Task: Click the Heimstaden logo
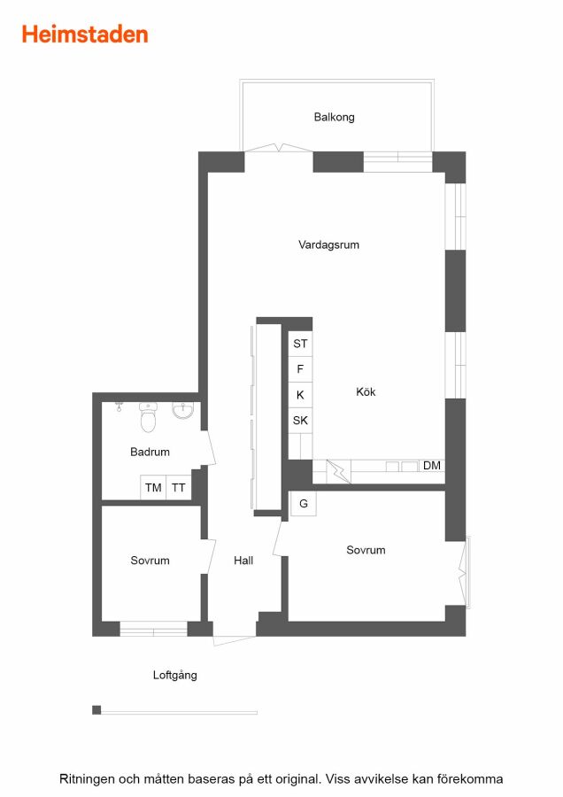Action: click(x=85, y=35)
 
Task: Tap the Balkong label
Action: click(x=334, y=118)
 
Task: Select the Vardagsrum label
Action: click(x=328, y=244)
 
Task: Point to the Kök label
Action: click(x=366, y=391)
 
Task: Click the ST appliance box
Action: click(x=300, y=344)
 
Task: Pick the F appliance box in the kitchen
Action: click(x=300, y=369)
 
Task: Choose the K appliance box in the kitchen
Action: click(x=300, y=394)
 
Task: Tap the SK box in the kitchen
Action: click(x=300, y=420)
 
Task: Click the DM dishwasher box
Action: click(x=432, y=466)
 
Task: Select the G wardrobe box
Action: click(x=304, y=504)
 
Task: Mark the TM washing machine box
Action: click(x=153, y=487)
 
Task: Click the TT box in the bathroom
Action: click(x=178, y=487)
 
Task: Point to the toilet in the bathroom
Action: click(x=148, y=417)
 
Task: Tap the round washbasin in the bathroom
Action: click(x=182, y=410)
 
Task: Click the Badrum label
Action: click(x=150, y=452)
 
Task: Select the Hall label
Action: click(x=243, y=561)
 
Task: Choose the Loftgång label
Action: click(x=174, y=675)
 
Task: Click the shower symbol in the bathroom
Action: click(x=119, y=406)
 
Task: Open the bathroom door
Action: click(x=209, y=448)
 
